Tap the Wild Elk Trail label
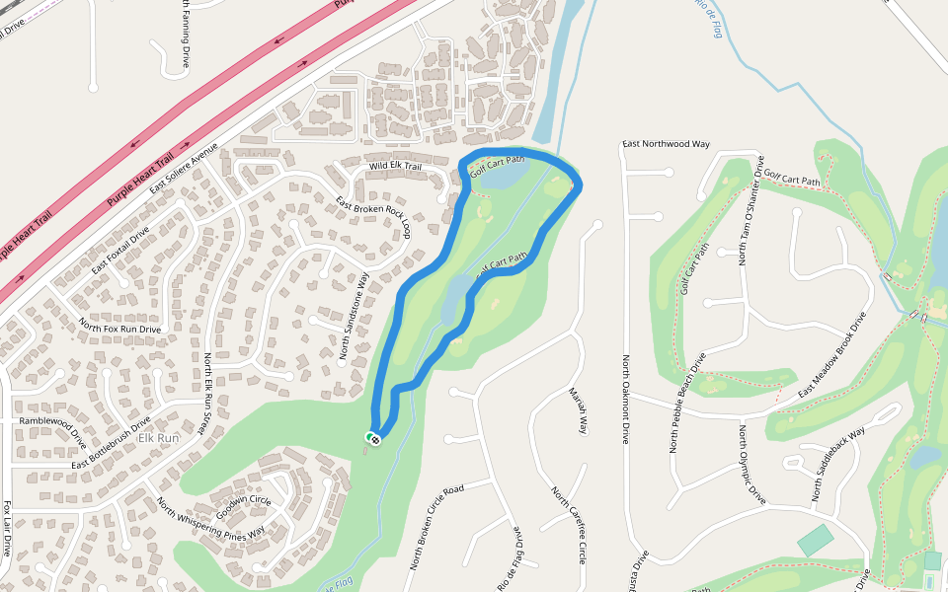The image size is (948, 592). pos(395,167)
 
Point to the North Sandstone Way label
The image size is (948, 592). pos(354,316)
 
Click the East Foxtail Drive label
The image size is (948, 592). pos(119,252)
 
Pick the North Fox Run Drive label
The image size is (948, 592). pos(120,328)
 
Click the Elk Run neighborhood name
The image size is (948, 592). pos(159,437)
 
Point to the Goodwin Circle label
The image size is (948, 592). pos(243,501)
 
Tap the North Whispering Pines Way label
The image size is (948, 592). pos(210,519)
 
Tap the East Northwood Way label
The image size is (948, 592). pos(666,144)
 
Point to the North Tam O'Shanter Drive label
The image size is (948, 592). pos(752,210)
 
